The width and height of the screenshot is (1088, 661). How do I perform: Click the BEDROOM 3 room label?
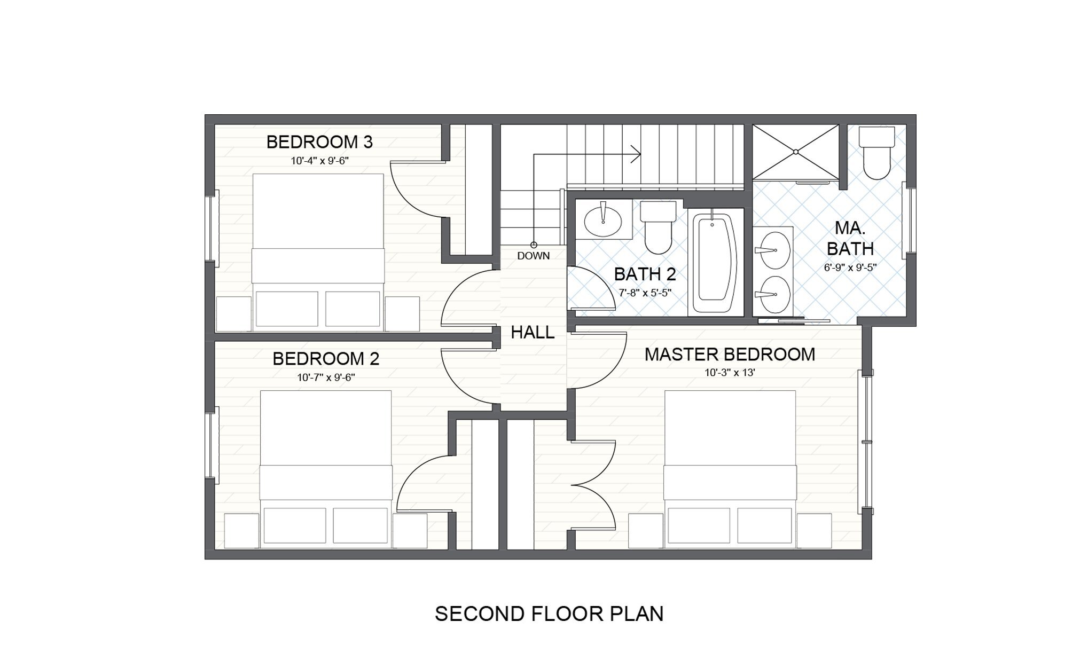319,142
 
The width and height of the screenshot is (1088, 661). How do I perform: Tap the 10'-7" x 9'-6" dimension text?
326,377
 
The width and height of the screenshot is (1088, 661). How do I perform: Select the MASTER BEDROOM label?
730,355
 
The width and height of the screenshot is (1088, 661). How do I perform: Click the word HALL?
533,333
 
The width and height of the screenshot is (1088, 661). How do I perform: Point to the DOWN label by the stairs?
534,256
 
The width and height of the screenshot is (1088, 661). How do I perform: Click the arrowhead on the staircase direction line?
636,154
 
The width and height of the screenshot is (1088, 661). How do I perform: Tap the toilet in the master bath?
876,153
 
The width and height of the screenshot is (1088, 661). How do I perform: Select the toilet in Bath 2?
658,227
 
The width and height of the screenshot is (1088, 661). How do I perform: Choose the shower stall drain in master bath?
796,152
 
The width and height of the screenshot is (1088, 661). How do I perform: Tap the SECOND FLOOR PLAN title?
549,614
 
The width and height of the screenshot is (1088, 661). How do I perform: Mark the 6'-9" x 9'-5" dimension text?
850,267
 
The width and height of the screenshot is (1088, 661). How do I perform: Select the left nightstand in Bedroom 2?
241,531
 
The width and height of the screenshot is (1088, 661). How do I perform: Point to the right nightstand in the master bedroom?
814,531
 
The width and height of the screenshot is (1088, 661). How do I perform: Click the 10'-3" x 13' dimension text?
730,373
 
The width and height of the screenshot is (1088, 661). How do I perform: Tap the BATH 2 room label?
645,274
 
